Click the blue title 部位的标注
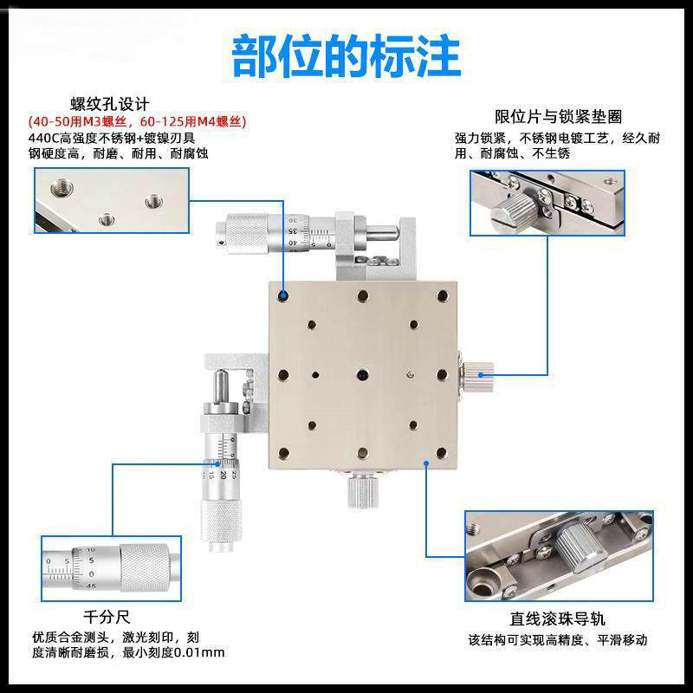coord(346,54)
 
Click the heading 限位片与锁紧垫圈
coord(558,116)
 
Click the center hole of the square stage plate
coord(361,374)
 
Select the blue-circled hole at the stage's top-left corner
coord(283,296)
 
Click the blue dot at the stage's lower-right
coord(426,463)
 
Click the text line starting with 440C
coord(113,138)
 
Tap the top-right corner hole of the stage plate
coord(441,297)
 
